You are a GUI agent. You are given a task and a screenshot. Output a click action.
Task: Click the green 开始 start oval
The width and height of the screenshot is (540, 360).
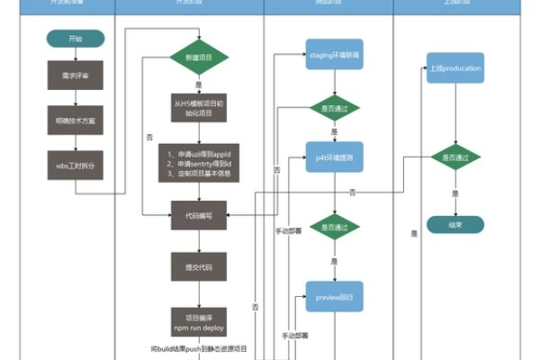[x=75, y=39]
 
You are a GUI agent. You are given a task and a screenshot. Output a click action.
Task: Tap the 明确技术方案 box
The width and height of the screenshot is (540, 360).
[x=75, y=121]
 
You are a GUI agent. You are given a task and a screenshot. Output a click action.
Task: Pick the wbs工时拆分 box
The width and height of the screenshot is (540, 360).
[x=75, y=166]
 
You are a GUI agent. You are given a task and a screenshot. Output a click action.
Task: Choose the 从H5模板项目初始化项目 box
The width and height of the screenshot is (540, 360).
[x=199, y=108]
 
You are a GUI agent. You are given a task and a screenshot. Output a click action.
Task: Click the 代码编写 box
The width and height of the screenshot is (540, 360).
[x=199, y=216]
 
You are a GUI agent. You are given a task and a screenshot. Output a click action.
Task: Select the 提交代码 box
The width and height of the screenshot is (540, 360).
[x=199, y=266]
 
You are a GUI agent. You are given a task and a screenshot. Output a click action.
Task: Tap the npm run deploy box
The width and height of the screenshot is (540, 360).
[x=199, y=321]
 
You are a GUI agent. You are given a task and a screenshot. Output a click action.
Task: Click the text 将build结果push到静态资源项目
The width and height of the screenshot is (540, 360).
[x=199, y=347]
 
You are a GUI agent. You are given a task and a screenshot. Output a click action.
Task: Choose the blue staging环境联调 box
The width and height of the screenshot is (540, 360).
[x=335, y=56]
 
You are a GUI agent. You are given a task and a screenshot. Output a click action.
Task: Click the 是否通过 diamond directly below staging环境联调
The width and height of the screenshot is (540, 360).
[x=335, y=108]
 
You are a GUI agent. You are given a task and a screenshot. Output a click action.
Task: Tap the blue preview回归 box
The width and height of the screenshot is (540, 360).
[x=335, y=296]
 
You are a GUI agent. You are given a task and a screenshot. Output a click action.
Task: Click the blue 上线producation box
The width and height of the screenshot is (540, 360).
[x=455, y=68]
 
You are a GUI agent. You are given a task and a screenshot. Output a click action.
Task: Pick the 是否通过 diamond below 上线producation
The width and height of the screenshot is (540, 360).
[x=455, y=157]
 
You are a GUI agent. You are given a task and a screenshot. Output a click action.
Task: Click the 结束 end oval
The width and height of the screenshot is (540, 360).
[x=455, y=224]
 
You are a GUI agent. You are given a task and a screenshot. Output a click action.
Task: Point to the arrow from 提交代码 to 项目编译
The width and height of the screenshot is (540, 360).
[x=199, y=293]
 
